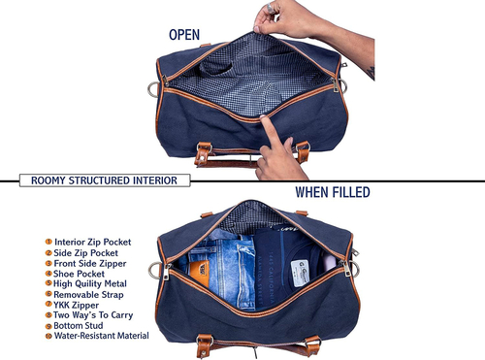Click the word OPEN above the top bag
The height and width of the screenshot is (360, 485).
184,35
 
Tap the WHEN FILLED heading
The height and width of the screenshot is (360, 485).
333,192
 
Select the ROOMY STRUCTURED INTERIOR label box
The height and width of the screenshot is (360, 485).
105,180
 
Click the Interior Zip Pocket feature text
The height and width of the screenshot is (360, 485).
92,242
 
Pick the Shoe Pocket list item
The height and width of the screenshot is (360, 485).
79,274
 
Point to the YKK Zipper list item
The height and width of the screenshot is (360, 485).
77,305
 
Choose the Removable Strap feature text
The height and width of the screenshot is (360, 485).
88,295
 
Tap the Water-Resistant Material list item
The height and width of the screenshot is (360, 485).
102,336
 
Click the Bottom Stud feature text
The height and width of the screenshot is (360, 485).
79,325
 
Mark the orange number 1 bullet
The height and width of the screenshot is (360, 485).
48,242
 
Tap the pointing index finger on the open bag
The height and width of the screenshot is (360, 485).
271,131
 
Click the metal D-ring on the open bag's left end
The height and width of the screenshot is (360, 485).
153,89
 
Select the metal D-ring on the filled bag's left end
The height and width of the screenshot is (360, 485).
154,271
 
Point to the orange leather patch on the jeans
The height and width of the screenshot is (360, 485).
200,273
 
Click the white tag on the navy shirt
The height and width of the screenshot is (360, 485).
300,273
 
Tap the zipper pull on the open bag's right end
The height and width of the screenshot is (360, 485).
336,84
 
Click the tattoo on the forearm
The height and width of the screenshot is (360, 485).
371,73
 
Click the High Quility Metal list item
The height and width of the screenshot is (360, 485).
90,283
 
